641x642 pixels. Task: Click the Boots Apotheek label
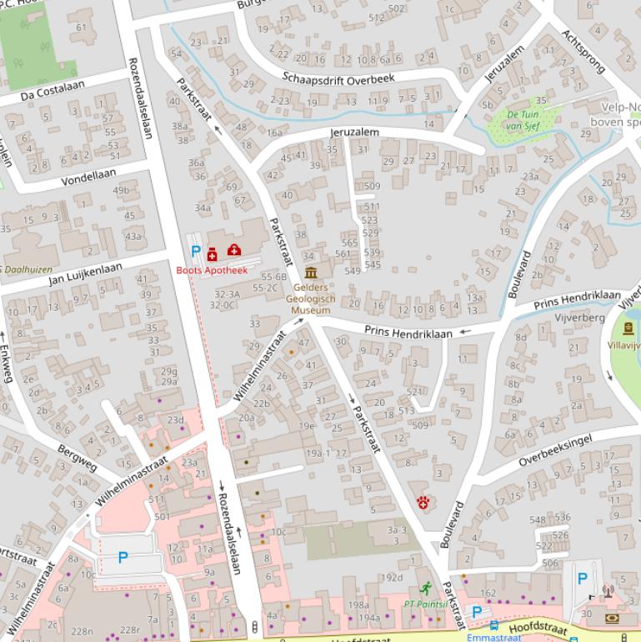pyautogui.click(x=212, y=270)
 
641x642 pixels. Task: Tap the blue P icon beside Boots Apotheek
pyautogui.click(x=196, y=251)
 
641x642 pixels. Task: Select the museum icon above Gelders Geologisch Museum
pyautogui.click(x=311, y=273)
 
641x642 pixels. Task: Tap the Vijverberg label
pyautogui.click(x=581, y=318)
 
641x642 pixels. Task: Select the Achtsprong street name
pyautogui.click(x=581, y=52)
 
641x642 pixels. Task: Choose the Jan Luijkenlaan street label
pyautogui.click(x=85, y=273)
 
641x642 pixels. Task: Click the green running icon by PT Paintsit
pyautogui.click(x=427, y=589)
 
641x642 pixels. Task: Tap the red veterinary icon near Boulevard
pyautogui.click(x=424, y=502)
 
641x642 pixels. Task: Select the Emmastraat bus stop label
pyautogui.click(x=493, y=637)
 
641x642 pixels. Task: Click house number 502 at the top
pyautogui.click(x=398, y=9)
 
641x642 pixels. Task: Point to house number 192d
pyautogui.click(x=391, y=578)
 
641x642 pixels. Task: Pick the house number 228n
pyautogui.click(x=82, y=631)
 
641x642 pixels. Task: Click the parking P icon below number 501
pyautogui.click(x=123, y=557)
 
